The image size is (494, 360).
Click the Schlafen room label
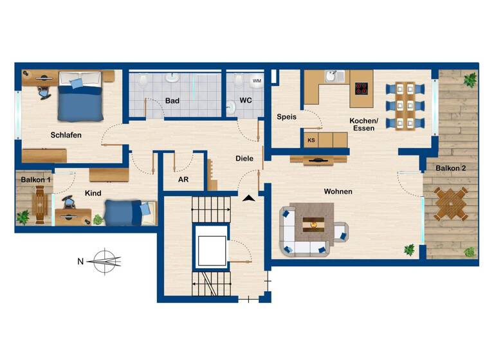pyautogui.click(x=66, y=135)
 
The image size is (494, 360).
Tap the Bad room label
pyautogui.click(x=172, y=101)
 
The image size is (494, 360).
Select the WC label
pyautogui.click(x=246, y=101)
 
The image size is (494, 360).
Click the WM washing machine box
pyautogui.click(x=257, y=81)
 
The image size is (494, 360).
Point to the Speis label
pyautogui.click(x=286, y=117)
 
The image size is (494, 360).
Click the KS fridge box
pyautogui.click(x=311, y=139)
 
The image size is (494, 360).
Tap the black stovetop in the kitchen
pyautogui.click(x=361, y=89)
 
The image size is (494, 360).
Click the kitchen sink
pyautogui.click(x=331, y=78)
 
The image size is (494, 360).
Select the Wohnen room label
pyautogui.click(x=338, y=191)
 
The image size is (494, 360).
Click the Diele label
pyautogui.click(x=244, y=158)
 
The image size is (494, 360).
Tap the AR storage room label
pyautogui.click(x=183, y=179)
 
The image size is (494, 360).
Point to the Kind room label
pyautogui.click(x=93, y=193)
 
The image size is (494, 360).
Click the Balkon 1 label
pyautogui.click(x=35, y=179)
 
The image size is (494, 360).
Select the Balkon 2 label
pyautogui.click(x=450, y=168)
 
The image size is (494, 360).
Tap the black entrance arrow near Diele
pyautogui.click(x=249, y=198)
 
